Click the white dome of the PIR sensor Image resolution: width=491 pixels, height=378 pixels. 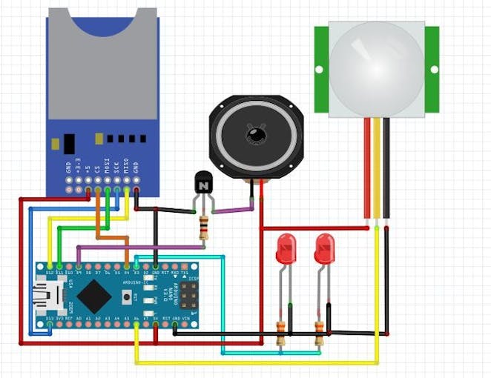tap(376, 68)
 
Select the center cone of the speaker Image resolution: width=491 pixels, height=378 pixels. tap(256, 136)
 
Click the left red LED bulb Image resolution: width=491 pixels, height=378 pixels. tap(286, 250)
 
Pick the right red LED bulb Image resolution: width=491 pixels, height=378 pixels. tap(324, 250)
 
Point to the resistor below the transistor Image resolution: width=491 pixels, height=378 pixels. tap(203, 226)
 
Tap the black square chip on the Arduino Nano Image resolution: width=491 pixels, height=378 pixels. tap(93, 296)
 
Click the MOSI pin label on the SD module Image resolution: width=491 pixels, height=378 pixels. tap(107, 165)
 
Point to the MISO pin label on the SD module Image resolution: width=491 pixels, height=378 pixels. tap(126, 165)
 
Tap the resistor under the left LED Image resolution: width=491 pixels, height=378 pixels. tap(281, 334)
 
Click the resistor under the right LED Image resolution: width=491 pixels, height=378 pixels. tap(319, 334)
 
